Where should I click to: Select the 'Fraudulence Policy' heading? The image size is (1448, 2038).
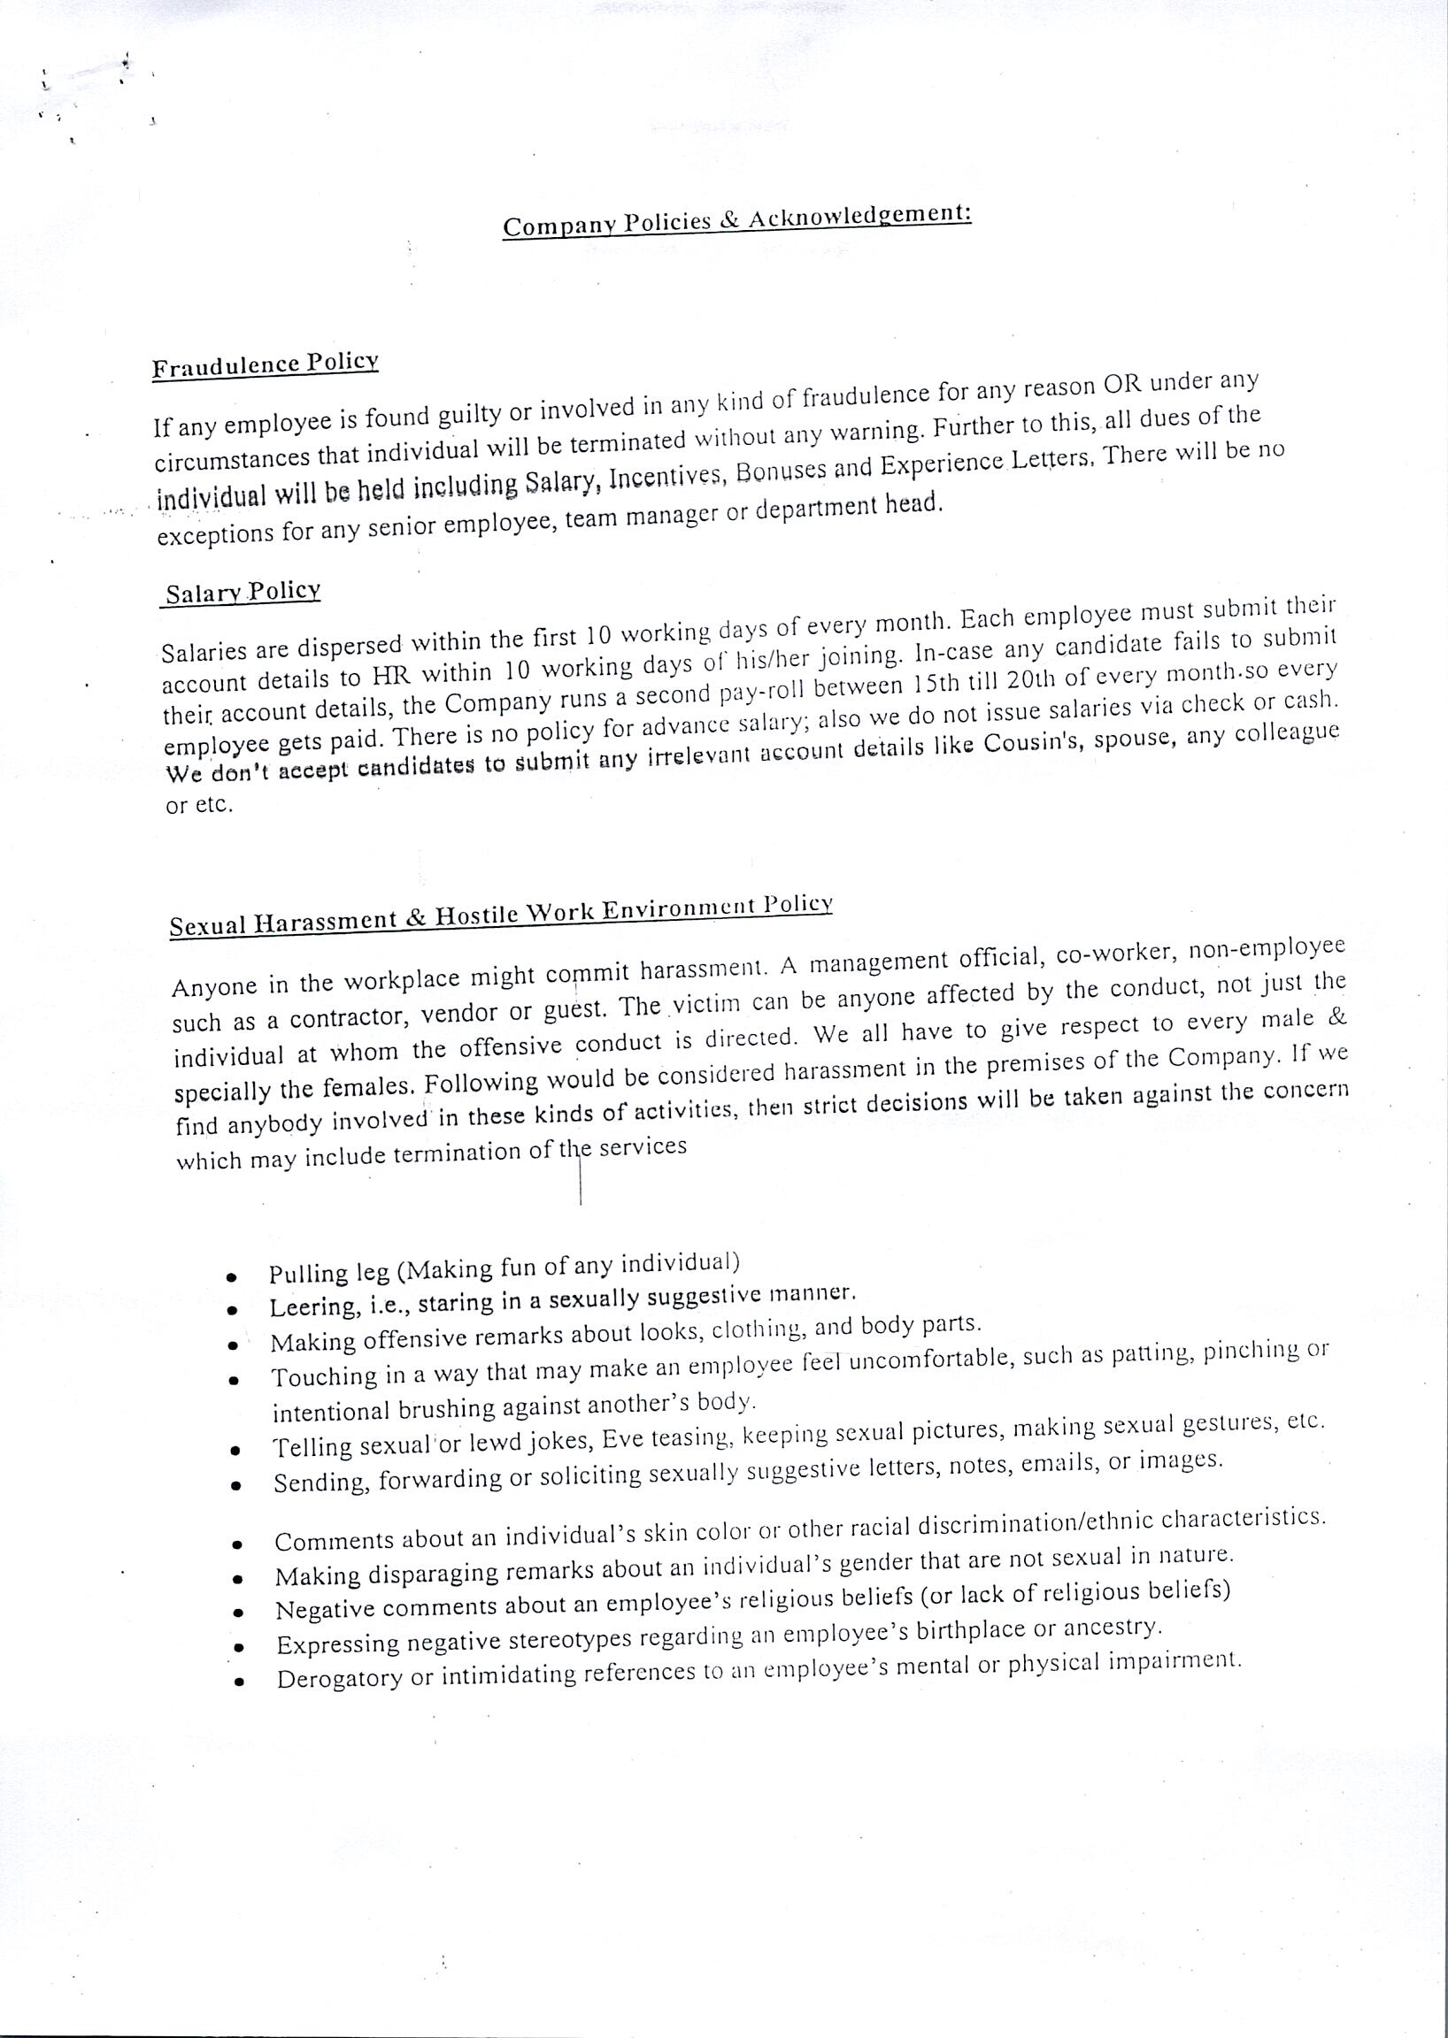(x=265, y=365)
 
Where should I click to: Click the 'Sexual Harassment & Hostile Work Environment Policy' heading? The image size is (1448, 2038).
(x=501, y=916)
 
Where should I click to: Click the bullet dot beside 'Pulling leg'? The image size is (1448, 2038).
(x=232, y=1277)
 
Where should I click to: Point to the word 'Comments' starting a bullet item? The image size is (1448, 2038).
(x=332, y=1542)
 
